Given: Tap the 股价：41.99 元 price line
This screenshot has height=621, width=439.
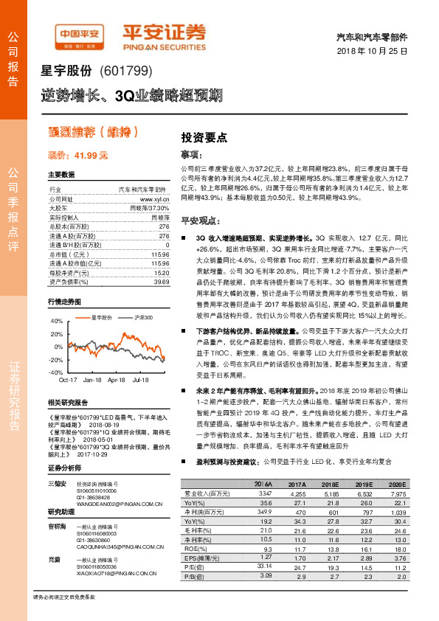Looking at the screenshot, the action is [x=77, y=155].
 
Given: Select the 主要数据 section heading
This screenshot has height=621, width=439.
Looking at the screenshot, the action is [x=61, y=175].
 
